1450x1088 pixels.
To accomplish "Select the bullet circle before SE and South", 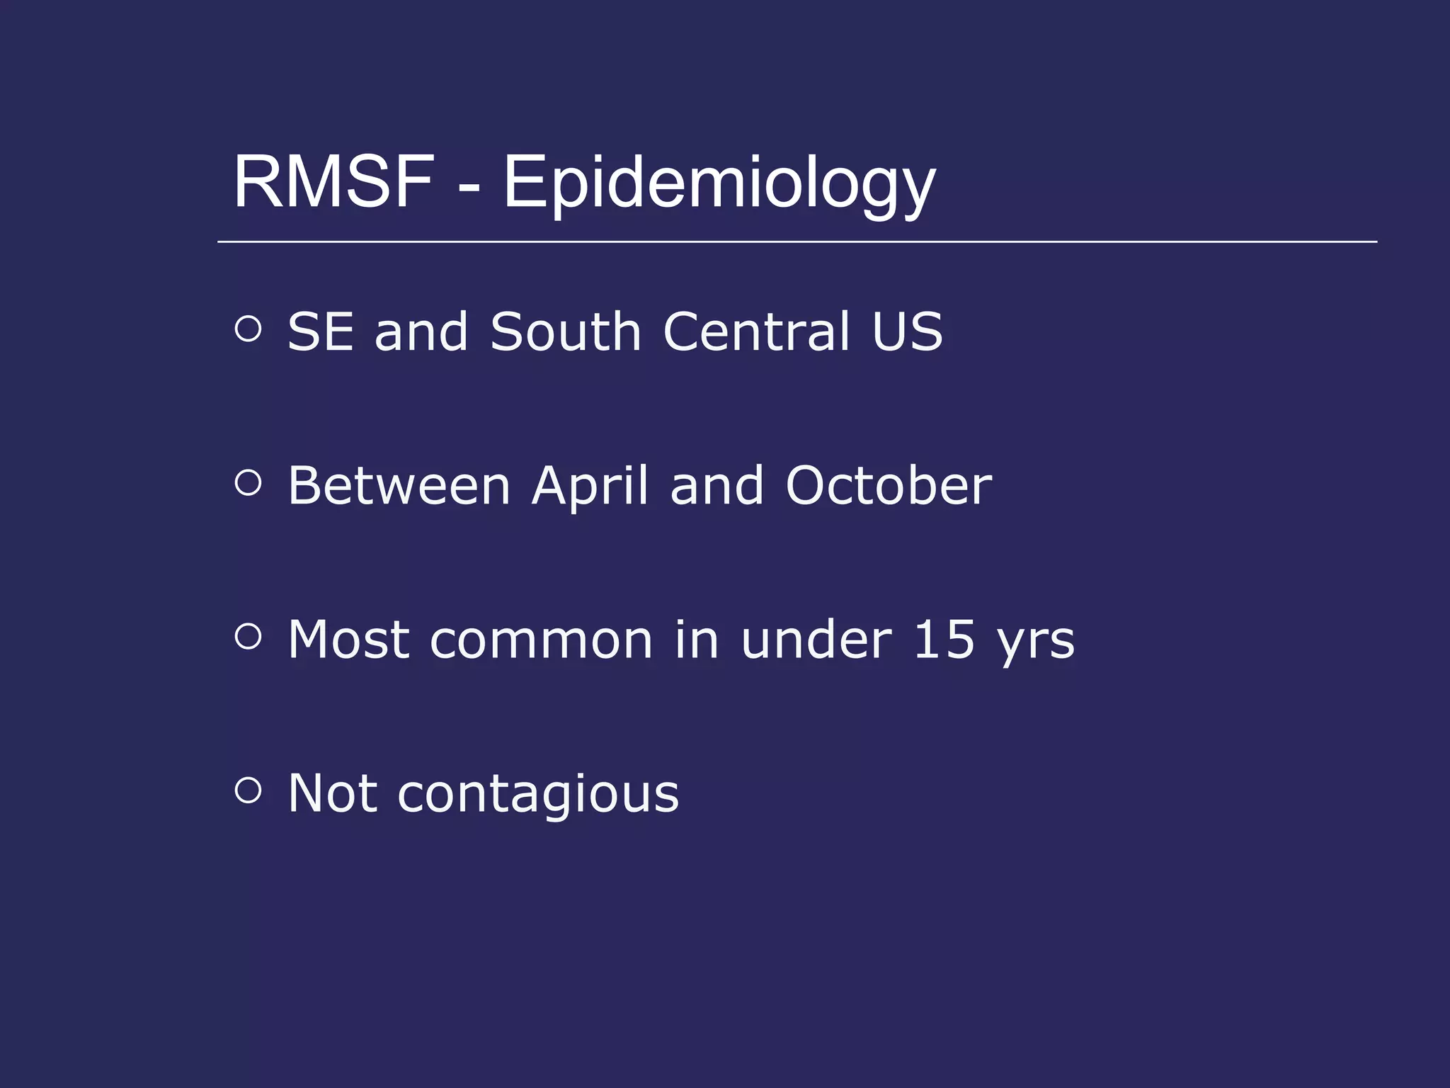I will (248, 329).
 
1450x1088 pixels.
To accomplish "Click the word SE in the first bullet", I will (320, 331).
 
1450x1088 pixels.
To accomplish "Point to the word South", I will (566, 331).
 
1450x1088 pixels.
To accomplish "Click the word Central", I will (756, 331).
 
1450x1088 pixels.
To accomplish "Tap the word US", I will (907, 331).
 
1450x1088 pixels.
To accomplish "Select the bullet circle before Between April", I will (248, 483).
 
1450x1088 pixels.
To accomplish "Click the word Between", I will (399, 486).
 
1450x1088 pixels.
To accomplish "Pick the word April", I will (590, 487).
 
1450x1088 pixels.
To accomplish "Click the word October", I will (889, 486).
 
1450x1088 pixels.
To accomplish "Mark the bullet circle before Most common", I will (248, 636).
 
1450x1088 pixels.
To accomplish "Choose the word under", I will (816, 640).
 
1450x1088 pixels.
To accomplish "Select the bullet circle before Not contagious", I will (248, 790).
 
